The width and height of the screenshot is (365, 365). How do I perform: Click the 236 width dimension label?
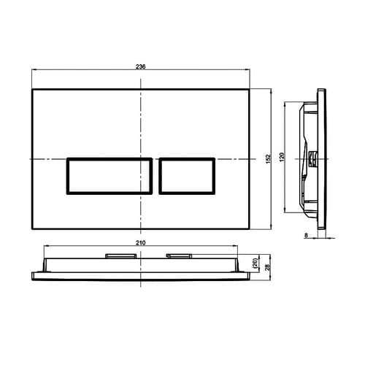tap(141, 66)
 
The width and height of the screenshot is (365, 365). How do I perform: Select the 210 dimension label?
tap(141, 241)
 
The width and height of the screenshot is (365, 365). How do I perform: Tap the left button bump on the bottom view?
tap(120, 255)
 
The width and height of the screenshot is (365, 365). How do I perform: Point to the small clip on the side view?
tap(312, 157)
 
